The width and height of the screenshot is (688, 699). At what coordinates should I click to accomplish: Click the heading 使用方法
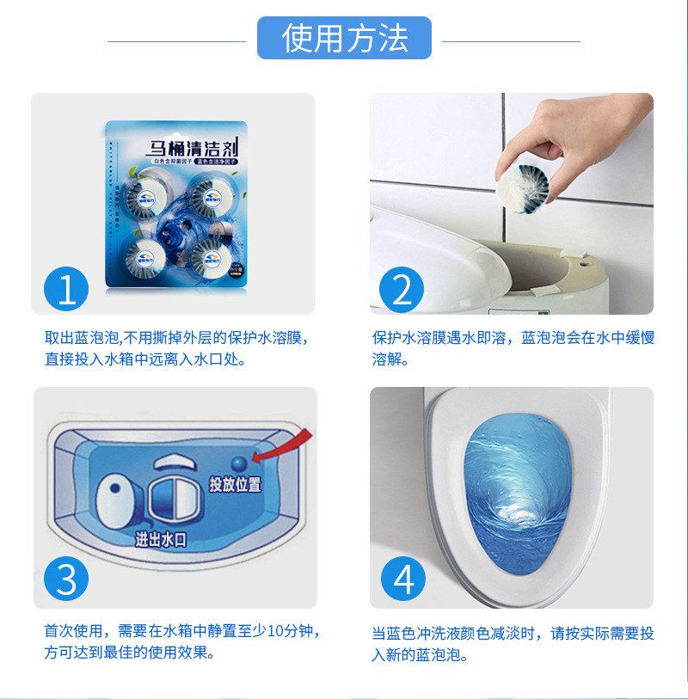(344, 39)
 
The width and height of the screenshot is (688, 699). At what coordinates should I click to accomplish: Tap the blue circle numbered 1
(66, 290)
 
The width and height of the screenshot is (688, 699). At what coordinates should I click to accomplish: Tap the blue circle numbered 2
(401, 290)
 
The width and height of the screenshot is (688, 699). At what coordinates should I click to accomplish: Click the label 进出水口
(161, 540)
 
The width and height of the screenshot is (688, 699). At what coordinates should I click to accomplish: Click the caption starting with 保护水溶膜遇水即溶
(513, 347)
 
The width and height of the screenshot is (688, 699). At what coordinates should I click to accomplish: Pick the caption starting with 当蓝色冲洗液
(513, 644)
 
